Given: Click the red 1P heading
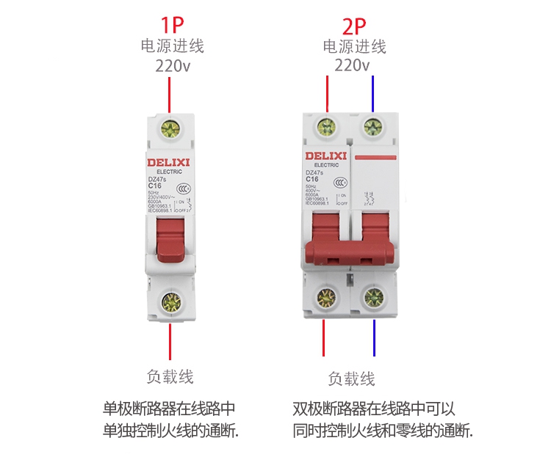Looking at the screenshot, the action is (171, 25).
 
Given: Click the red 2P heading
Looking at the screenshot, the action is (354, 26).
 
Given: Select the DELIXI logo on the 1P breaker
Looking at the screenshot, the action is (169, 161).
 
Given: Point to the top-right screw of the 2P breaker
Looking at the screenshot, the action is (375, 130).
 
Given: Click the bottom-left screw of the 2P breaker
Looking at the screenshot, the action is (326, 297).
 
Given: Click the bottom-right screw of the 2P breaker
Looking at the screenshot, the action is (375, 297).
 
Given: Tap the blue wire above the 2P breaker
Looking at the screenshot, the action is (374, 94).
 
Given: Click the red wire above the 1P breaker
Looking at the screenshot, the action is (170, 94).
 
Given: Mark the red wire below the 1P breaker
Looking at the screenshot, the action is (170, 341).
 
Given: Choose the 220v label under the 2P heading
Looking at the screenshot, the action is (353, 66).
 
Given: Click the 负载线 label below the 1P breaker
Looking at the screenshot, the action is (170, 377).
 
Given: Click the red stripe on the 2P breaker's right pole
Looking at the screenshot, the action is (375, 157).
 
